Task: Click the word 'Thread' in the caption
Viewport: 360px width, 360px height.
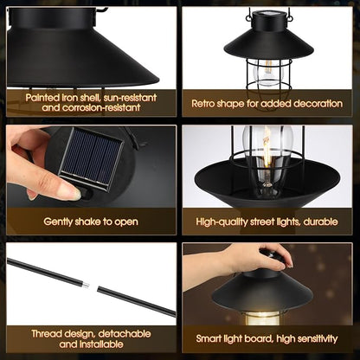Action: click(x=47, y=334)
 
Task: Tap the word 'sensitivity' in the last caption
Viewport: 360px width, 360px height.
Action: click(x=318, y=338)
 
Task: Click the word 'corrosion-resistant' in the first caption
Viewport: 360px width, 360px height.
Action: click(x=101, y=107)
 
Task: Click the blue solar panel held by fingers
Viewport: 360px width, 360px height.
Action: click(x=91, y=157)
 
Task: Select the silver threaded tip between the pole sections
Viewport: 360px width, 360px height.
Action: click(x=86, y=285)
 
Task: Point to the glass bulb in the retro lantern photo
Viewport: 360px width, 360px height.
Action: click(x=268, y=72)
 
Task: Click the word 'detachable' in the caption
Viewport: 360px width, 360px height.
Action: click(x=125, y=334)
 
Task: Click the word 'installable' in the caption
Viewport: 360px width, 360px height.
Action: click(x=101, y=344)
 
